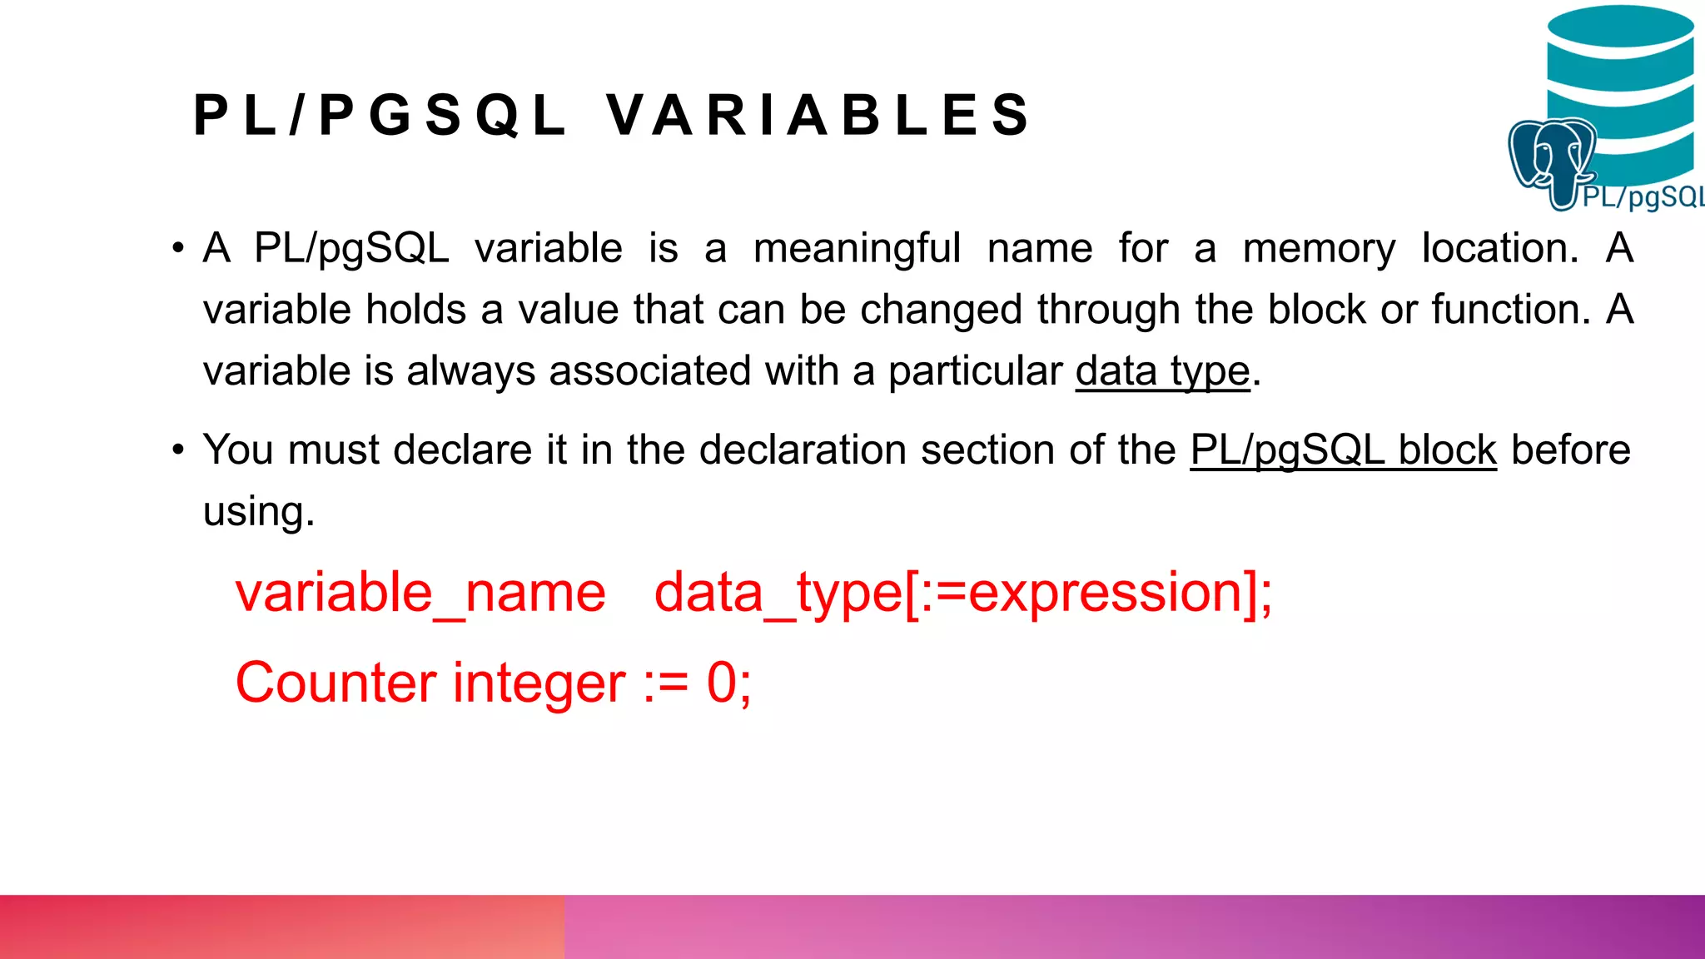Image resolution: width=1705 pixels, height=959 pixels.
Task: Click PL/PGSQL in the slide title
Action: [x=380, y=115]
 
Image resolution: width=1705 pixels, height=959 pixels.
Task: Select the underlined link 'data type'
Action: [x=1162, y=370]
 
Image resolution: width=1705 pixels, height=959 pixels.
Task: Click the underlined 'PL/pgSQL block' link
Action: [x=1343, y=450]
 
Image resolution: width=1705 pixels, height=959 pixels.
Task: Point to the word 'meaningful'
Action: [x=857, y=248]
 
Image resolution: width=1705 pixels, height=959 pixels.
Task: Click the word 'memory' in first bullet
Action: [x=1319, y=248]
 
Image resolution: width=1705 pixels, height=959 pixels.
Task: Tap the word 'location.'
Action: [x=1499, y=248]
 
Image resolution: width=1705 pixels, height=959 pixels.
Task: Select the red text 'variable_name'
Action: [x=420, y=593]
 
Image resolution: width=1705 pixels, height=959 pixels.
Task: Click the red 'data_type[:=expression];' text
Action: [x=963, y=593]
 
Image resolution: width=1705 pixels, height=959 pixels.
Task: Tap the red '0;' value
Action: [x=728, y=683]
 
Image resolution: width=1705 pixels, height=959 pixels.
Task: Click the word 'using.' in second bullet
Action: [x=259, y=511]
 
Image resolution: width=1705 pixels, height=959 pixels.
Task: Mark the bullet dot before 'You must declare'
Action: [x=177, y=450]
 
